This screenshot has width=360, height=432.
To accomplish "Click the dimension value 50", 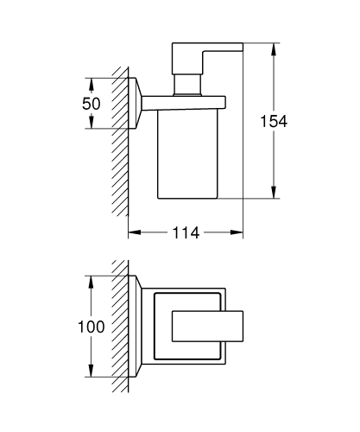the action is pyautogui.click(x=92, y=104).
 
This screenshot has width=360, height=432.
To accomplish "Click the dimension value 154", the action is pyautogui.click(x=274, y=121).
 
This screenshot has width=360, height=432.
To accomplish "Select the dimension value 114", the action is pyautogui.click(x=186, y=232).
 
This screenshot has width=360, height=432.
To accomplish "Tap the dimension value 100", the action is pyautogui.click(x=92, y=327).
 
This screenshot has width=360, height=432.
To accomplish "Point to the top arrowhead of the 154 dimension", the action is pyautogui.click(x=274, y=49).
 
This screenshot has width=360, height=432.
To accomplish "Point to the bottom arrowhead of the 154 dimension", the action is pyautogui.click(x=274, y=192).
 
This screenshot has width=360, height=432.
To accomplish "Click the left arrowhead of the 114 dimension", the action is pyautogui.click(x=135, y=232).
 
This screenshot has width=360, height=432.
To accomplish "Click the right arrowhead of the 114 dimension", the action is pyautogui.click(x=237, y=232).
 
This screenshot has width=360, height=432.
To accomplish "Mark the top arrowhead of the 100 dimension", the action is pyautogui.click(x=91, y=282).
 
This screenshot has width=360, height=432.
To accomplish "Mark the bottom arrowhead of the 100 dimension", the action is pyautogui.click(x=91, y=371).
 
